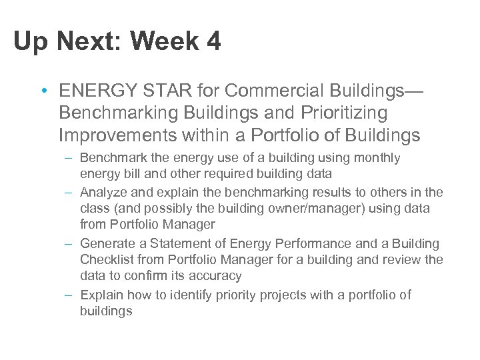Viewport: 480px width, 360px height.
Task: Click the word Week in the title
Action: point(165,42)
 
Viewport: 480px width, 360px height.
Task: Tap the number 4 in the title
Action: point(213,42)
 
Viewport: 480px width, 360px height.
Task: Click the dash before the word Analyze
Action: point(69,192)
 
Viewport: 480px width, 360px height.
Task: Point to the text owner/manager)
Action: point(312,209)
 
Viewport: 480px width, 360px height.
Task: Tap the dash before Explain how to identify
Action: point(69,295)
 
